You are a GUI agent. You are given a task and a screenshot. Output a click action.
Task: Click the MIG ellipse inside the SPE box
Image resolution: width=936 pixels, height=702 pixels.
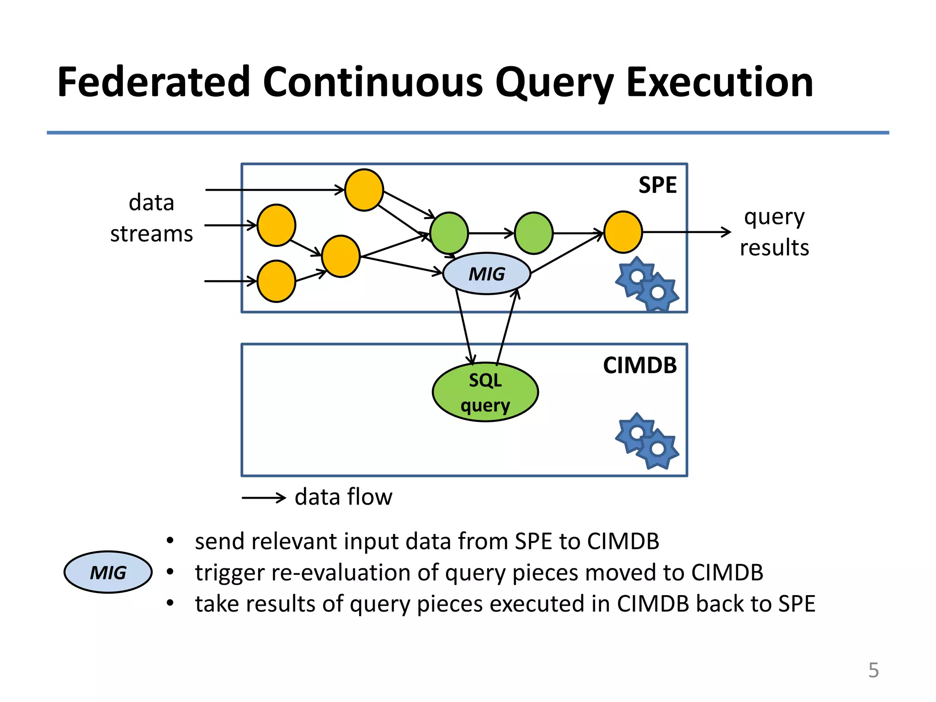point(487,274)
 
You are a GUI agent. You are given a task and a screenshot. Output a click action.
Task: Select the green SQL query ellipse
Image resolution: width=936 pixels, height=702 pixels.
point(485,392)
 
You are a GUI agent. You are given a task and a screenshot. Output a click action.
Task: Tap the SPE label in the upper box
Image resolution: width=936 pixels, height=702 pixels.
point(657,186)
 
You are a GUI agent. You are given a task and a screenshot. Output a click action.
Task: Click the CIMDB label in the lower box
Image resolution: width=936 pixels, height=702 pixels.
point(639,366)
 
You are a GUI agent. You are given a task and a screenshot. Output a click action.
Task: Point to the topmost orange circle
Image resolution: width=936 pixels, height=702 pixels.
point(364,190)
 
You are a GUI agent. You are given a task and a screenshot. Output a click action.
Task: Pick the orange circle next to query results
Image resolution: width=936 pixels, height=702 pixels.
point(623,232)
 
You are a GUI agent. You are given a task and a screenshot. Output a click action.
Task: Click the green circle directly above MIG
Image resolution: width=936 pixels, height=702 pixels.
point(449,233)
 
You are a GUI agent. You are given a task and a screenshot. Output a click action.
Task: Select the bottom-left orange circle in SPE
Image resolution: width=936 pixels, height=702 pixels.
point(276,281)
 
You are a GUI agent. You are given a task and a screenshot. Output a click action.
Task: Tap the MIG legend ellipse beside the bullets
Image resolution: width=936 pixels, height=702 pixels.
point(108,572)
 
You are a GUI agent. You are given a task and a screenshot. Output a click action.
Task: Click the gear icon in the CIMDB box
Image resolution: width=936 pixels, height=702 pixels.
point(647,441)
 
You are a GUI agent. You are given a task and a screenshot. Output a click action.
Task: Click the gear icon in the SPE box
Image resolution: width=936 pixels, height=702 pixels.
point(647,284)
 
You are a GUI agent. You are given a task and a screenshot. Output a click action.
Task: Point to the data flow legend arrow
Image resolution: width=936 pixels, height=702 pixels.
point(264,497)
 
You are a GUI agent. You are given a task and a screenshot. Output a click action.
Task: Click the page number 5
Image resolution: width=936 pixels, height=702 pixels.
point(873,670)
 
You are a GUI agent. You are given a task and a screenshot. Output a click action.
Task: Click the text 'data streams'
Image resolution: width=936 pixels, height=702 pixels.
point(151,218)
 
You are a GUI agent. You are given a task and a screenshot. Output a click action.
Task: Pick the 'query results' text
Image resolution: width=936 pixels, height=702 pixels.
point(774,232)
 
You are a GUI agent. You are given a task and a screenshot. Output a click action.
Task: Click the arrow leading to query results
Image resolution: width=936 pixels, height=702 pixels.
point(686,232)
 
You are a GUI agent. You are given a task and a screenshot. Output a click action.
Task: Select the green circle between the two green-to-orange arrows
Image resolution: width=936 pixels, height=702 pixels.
point(533,233)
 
